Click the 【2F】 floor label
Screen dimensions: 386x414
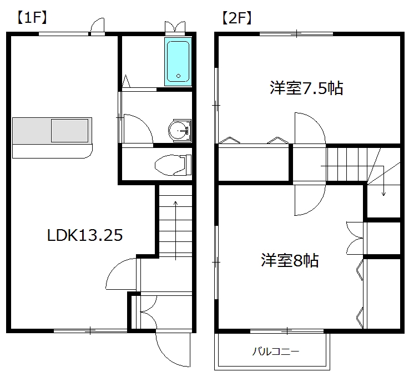pos(236,17)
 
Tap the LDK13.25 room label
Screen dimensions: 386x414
pos(84,235)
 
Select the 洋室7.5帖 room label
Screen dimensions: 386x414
pos(306,87)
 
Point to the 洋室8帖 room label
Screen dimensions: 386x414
pos(290,260)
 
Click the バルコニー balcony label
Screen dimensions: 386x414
pos(276,352)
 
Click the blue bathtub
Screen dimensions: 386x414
pos(178,61)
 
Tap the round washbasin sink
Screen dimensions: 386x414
pos(179,131)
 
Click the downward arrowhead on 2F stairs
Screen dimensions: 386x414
pos(383,193)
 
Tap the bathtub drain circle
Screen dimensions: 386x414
pos(178,76)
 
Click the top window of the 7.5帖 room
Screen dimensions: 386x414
pos(296,34)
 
